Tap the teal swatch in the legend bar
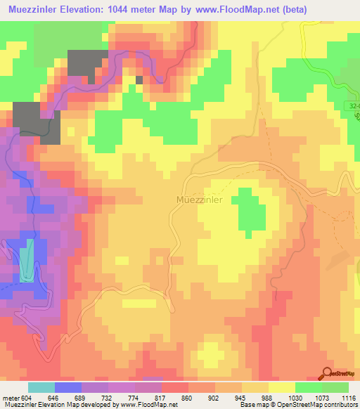click(41, 387)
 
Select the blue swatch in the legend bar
click(68, 387)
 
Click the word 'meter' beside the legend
click(9, 398)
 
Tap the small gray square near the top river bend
click(139, 79)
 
